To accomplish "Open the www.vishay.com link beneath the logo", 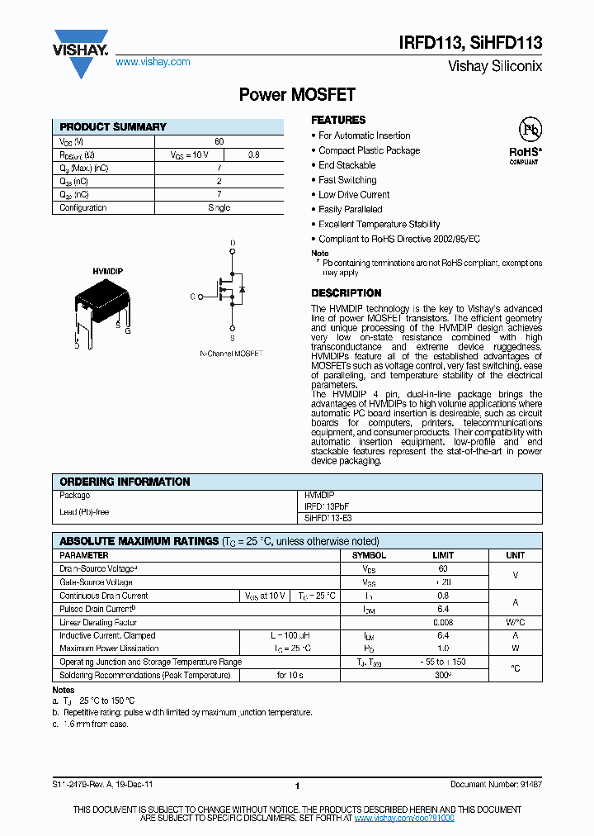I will [x=153, y=62].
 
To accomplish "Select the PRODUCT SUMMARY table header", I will [x=113, y=127].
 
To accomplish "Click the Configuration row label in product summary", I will [x=83, y=208].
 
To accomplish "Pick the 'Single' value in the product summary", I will [x=219, y=208].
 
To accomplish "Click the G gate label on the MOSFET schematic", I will [x=192, y=296].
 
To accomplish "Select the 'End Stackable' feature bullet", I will [x=347, y=165].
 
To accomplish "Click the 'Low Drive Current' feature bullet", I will [x=354, y=195].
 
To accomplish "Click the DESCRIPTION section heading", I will [x=346, y=293].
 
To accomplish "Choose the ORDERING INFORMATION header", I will [x=125, y=482].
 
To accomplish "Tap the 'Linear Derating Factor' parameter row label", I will [x=98, y=622].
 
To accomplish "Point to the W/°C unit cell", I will [x=515, y=622].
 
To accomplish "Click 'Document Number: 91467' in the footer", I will [x=496, y=786].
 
